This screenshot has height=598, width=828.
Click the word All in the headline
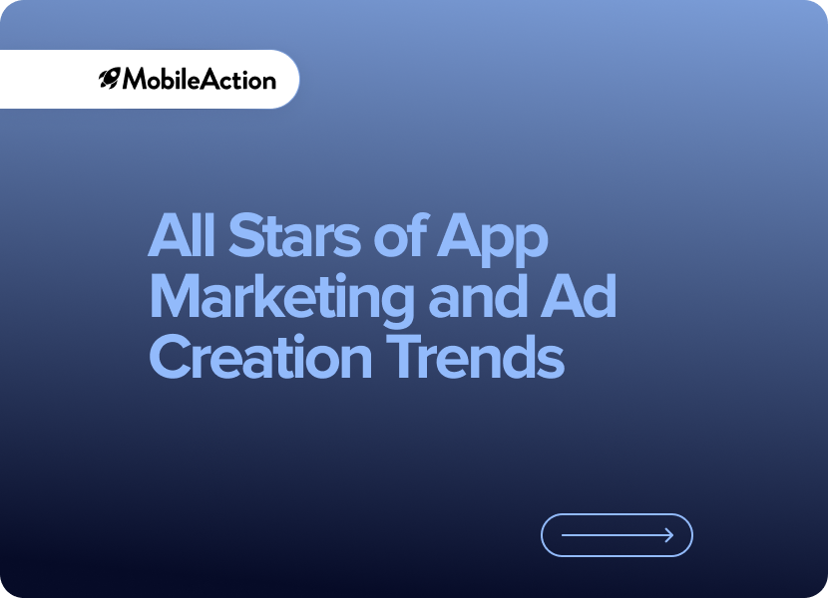(182, 235)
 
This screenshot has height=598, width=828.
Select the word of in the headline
(400, 235)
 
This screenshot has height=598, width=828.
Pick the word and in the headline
(479, 296)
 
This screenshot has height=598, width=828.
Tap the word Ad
(579, 296)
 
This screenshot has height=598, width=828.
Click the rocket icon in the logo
(110, 79)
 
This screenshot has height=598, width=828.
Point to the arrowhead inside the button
(669, 535)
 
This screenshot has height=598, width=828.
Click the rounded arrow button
(617, 535)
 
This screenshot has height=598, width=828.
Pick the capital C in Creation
(170, 356)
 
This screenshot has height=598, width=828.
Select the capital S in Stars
(246, 235)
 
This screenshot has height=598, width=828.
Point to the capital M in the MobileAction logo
(135, 79)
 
